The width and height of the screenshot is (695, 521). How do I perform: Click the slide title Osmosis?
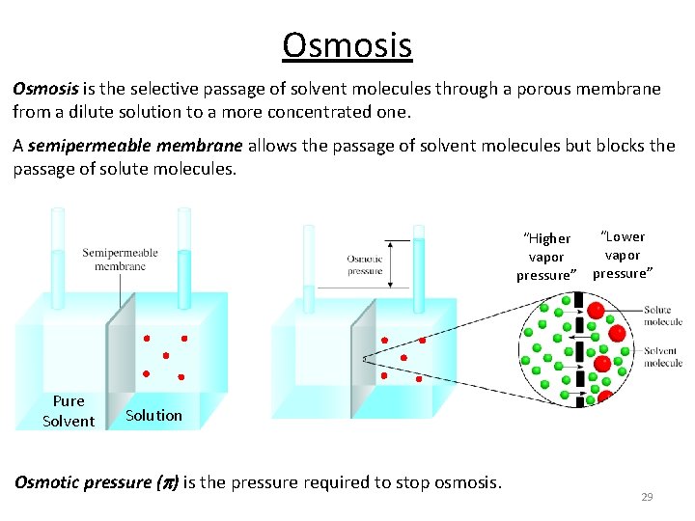[x=347, y=44]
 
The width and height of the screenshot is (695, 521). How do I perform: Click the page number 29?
[x=647, y=496]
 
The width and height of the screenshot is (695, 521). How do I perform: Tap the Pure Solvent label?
[x=69, y=411]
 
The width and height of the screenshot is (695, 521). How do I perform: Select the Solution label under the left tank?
[x=153, y=415]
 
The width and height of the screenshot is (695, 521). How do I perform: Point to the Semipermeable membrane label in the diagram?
[x=120, y=260]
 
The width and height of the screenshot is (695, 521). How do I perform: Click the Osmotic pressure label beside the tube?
[x=365, y=264]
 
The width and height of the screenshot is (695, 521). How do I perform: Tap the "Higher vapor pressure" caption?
[x=546, y=257]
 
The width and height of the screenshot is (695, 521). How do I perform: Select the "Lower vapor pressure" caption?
[x=623, y=255]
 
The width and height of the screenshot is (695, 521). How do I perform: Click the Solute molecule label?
[x=663, y=316]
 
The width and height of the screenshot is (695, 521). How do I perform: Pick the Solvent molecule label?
[x=663, y=357]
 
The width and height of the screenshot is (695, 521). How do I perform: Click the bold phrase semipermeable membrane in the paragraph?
[x=135, y=147]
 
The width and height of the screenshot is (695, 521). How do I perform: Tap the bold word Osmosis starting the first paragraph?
[x=44, y=89]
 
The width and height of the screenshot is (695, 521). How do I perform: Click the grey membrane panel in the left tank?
[x=120, y=352]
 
